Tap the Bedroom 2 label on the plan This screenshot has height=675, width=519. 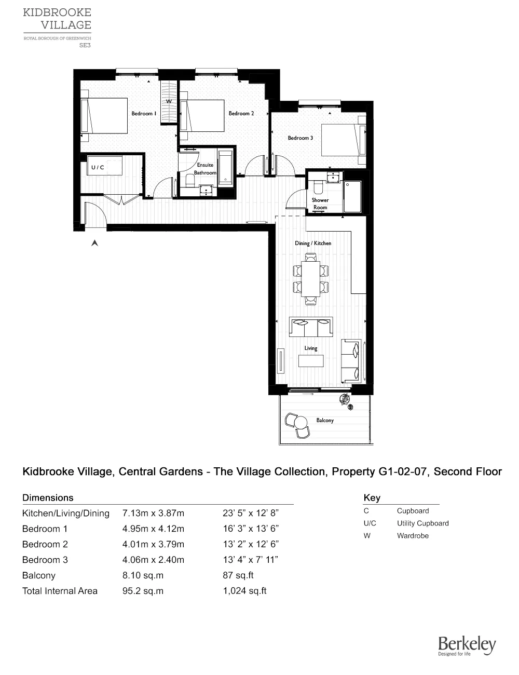pos(241,113)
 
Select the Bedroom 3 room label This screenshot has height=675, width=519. pos(301,138)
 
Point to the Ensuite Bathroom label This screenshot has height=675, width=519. pos(205,169)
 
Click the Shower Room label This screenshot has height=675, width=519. pos(320,204)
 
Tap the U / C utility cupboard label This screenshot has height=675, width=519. pos(98,167)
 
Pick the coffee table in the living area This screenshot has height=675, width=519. pos(310,361)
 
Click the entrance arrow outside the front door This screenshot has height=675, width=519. pos(94,242)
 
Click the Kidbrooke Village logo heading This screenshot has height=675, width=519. pos(57,19)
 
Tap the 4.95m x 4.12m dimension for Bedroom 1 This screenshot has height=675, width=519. pos(153,529)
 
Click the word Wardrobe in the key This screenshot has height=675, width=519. pos(413,536)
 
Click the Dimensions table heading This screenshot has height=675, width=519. pos(48,497)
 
